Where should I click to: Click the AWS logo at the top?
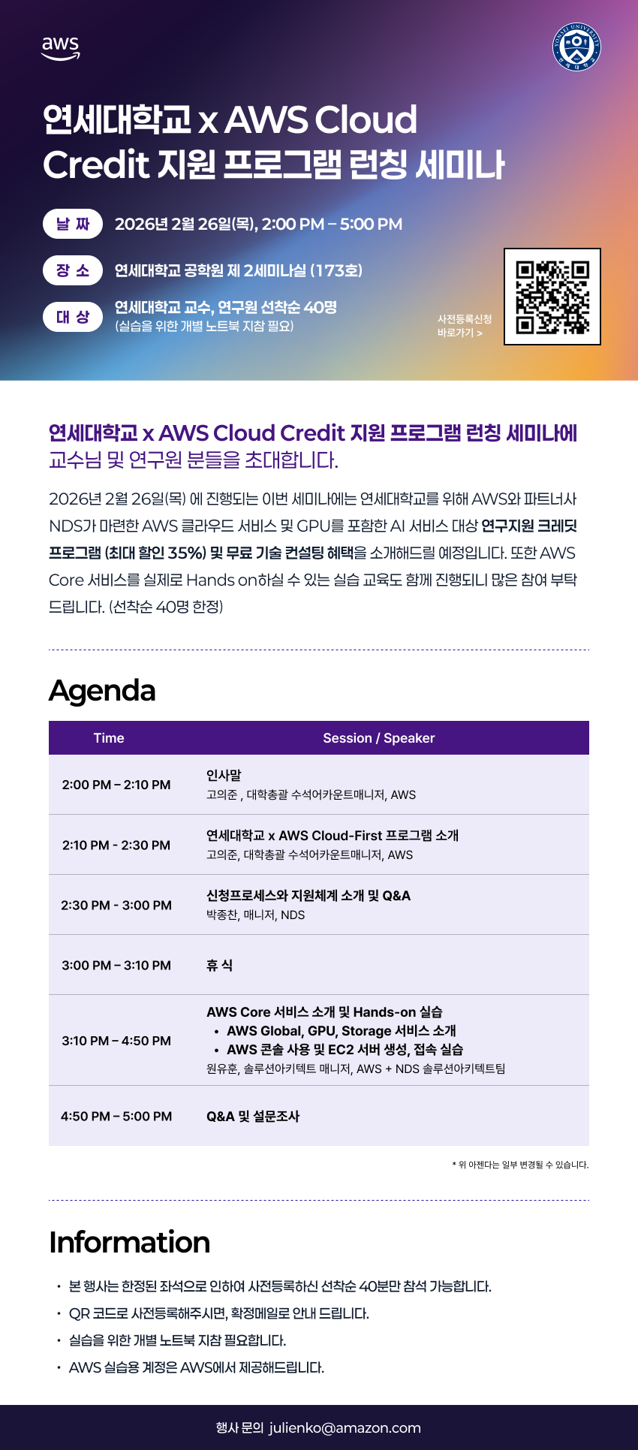tap(60, 47)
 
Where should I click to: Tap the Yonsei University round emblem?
tap(576, 47)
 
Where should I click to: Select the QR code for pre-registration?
tap(552, 297)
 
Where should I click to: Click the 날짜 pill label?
tap(73, 224)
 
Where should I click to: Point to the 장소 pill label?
tap(73, 270)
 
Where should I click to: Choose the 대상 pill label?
tap(73, 317)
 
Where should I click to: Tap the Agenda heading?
tap(102, 690)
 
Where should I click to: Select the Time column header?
tap(109, 738)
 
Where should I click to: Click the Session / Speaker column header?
tap(379, 738)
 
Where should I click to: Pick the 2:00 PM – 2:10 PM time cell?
tap(116, 785)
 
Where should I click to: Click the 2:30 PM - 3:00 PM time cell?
tap(116, 905)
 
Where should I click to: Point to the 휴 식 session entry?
tap(219, 965)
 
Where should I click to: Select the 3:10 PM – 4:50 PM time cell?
tap(116, 1041)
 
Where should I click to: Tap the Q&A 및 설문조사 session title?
tap(253, 1116)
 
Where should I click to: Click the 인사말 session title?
tap(224, 775)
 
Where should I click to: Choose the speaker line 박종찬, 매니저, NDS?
tap(255, 915)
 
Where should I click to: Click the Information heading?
tap(129, 1242)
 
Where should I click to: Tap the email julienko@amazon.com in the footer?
tap(345, 1427)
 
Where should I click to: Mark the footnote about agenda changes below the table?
tap(520, 1165)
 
